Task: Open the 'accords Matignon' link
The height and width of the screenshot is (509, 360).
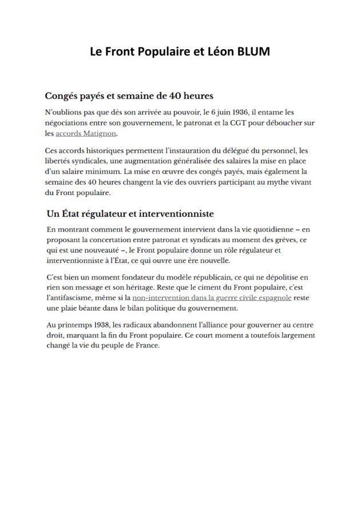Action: pyautogui.click(x=86, y=134)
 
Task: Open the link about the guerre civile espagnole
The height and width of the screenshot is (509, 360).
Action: pyautogui.click(x=212, y=299)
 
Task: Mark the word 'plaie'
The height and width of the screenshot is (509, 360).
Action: pyautogui.click(x=72, y=309)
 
